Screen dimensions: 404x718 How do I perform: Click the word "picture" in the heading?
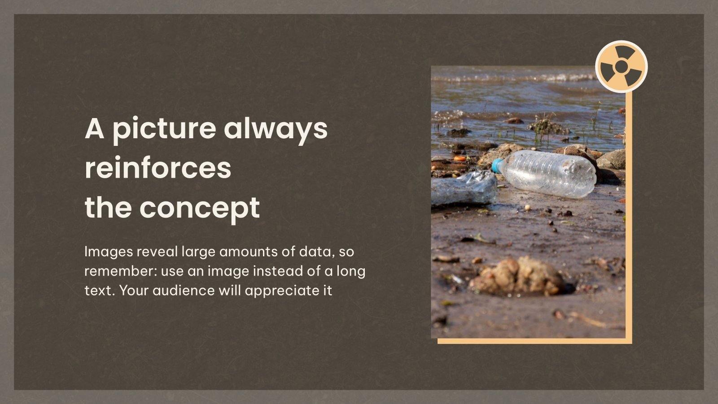164,129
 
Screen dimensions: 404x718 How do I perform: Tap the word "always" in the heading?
276,129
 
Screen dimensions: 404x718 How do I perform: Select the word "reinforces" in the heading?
158,168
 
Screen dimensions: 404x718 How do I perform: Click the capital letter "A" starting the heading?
94,128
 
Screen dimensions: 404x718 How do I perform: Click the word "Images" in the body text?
109,252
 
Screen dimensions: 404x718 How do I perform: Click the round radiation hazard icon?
621,67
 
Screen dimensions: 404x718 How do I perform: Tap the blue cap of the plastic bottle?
497,165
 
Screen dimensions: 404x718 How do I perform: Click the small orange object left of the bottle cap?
460,158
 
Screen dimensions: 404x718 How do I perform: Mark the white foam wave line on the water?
516,78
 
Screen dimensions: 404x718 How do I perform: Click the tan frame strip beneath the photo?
534,341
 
